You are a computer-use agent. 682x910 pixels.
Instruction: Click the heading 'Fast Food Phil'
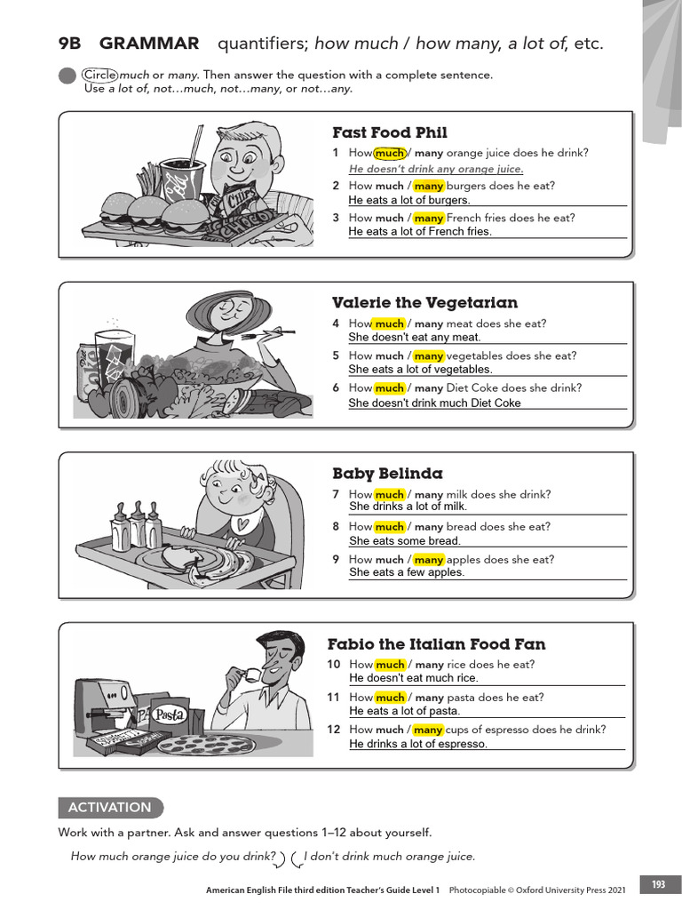389,133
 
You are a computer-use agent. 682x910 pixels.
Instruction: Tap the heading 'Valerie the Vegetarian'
424,303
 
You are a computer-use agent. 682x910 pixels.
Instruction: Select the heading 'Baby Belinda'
387,474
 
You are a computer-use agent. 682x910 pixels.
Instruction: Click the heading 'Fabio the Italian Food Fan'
436,644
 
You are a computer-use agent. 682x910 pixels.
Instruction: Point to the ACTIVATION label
110,808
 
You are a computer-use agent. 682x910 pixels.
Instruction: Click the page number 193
658,884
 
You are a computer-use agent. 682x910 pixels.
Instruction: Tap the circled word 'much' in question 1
390,153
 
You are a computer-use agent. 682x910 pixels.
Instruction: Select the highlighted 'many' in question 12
428,730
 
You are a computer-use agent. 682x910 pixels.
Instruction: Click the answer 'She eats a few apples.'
407,572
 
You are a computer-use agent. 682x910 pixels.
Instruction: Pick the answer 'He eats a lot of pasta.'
405,711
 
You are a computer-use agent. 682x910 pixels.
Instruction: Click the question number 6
336,388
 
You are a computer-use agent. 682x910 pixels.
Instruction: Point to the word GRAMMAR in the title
149,44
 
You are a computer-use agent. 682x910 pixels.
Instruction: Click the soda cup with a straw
182,173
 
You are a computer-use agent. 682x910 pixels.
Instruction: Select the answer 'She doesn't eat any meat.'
415,337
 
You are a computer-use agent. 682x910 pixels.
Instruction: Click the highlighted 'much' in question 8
389,527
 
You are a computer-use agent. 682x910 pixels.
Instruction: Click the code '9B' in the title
69,44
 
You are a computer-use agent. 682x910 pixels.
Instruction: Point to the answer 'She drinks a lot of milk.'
408,507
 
